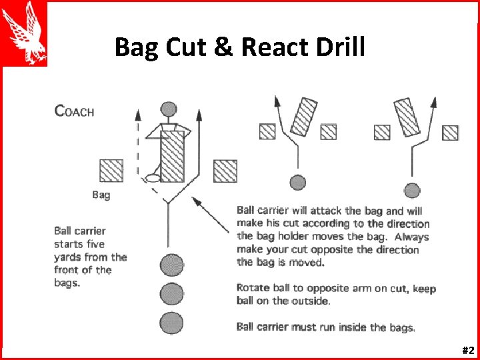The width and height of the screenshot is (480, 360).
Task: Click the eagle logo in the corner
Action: click(x=25, y=33)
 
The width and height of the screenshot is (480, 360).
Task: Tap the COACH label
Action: click(x=74, y=111)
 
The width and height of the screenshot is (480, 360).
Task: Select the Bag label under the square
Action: click(x=101, y=195)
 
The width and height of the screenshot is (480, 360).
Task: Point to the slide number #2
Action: click(x=467, y=350)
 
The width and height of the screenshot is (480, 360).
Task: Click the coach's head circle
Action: click(x=169, y=109)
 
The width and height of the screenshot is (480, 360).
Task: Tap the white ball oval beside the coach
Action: click(x=153, y=178)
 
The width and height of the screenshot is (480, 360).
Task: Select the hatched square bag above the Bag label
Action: click(x=111, y=171)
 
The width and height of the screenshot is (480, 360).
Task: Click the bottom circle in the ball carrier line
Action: click(x=171, y=323)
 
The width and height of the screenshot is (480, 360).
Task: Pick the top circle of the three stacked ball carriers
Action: click(x=171, y=265)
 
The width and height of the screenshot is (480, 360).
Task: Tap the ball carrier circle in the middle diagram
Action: click(x=297, y=182)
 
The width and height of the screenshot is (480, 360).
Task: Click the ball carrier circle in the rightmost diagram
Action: click(x=413, y=191)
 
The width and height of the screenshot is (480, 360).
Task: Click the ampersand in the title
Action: click(x=223, y=47)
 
